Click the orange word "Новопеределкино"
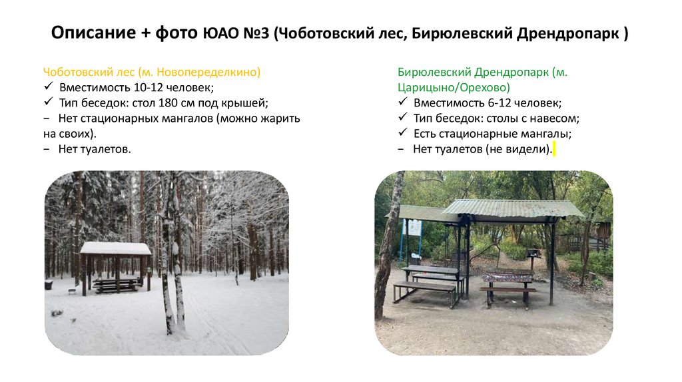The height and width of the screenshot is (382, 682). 213,72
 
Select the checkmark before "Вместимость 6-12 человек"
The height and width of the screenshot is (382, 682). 402,103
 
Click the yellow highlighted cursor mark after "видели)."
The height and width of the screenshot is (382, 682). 554,150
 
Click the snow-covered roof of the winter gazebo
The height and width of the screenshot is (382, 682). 116,248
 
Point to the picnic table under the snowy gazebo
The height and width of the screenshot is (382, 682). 116,284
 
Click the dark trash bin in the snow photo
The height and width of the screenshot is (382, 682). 49,285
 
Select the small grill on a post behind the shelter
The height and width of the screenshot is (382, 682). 533,254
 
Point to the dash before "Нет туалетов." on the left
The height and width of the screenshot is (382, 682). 47,150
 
